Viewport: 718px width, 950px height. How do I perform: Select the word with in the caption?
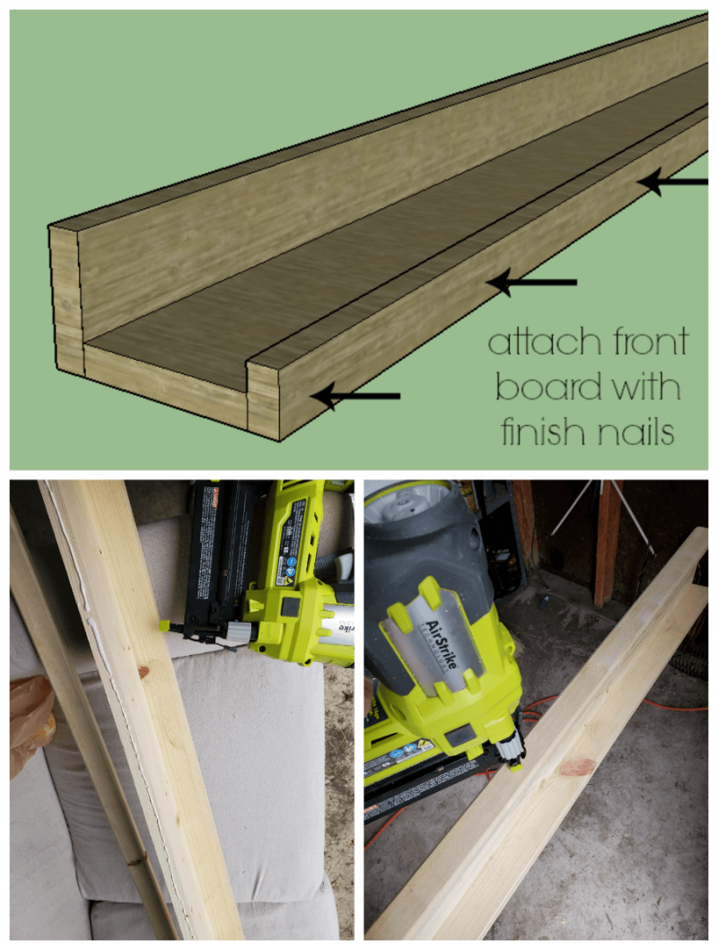[644, 388]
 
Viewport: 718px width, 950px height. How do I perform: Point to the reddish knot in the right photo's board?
[577, 767]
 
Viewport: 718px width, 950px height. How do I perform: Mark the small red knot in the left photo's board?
[142, 672]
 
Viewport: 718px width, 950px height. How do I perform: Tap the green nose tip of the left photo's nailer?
[167, 623]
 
